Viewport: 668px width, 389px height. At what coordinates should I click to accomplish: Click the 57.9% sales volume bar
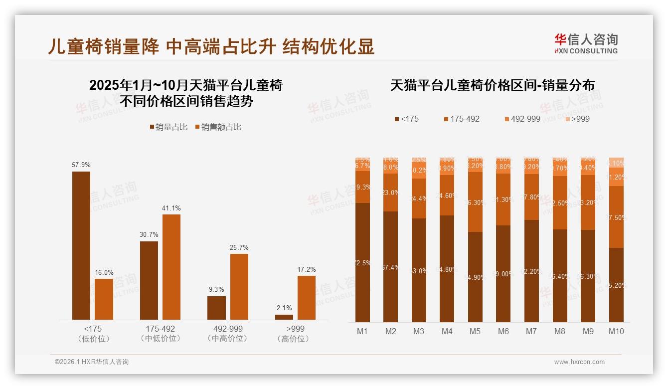(x=81, y=245)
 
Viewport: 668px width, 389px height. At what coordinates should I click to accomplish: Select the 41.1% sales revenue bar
(x=171, y=267)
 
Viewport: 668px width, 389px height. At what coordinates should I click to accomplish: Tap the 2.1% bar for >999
(x=284, y=317)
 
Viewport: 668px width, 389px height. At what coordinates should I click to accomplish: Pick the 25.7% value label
(x=239, y=248)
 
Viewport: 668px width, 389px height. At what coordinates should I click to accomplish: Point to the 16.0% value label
(x=104, y=273)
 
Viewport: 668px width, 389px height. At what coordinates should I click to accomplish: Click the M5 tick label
(x=475, y=331)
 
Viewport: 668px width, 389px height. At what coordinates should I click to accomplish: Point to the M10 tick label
(x=616, y=331)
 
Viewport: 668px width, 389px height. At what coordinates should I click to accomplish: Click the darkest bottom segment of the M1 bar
(x=362, y=262)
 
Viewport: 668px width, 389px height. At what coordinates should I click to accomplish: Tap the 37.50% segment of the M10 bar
(x=616, y=217)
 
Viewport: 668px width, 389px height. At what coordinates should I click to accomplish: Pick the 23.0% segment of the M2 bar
(x=391, y=193)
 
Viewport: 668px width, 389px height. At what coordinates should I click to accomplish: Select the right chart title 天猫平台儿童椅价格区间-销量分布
(x=492, y=85)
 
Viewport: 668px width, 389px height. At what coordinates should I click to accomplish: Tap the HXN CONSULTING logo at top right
(x=586, y=44)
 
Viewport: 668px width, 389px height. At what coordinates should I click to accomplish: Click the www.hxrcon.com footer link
(x=579, y=362)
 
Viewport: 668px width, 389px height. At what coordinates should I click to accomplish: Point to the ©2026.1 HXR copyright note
(x=92, y=362)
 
